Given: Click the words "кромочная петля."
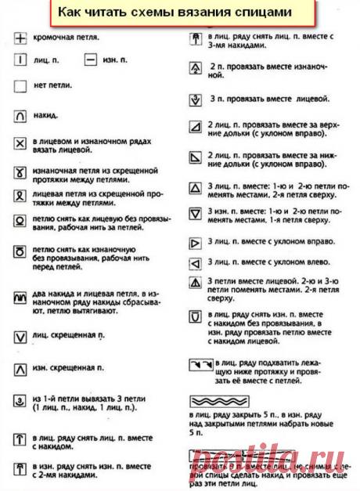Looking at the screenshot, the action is click(67, 37).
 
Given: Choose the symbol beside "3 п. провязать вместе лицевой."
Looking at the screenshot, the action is click(196, 99).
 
